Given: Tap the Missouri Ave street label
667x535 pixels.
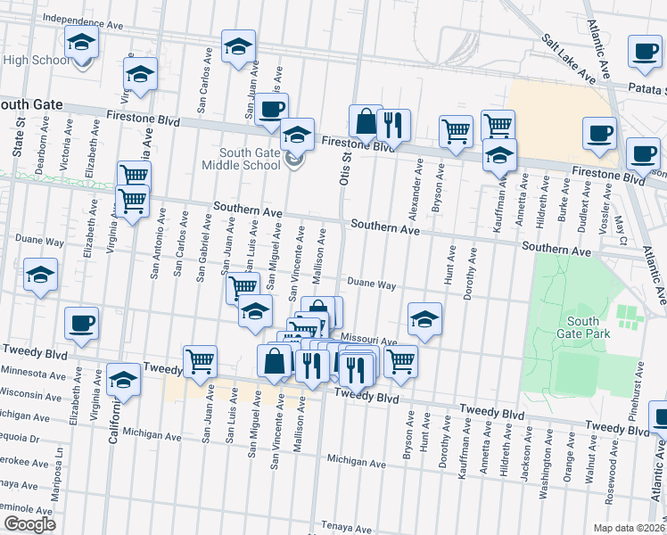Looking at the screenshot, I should (x=368, y=341).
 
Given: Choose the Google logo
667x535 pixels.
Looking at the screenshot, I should (x=29, y=523).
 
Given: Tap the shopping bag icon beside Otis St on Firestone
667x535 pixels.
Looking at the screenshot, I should (x=366, y=120).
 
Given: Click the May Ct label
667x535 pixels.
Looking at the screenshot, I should (x=622, y=227).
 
